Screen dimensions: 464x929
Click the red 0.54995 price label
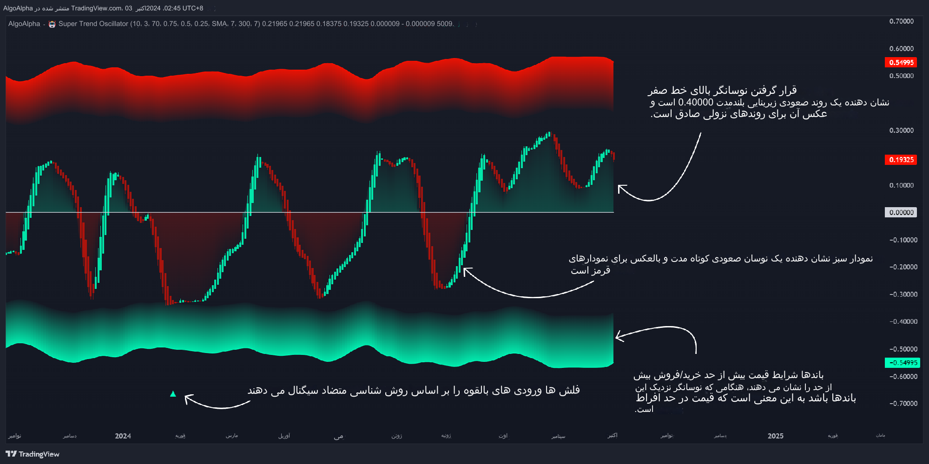(901, 62)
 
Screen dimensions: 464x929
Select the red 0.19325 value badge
(901, 160)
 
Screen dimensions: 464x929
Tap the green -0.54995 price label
(903, 363)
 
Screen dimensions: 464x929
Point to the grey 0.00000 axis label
(901, 213)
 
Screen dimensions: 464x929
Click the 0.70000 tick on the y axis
(901, 21)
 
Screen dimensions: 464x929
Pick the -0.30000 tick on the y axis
(903, 294)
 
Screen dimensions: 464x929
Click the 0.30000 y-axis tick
(901, 131)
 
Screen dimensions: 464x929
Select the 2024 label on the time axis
(123, 436)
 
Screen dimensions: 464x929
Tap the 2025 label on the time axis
(775, 436)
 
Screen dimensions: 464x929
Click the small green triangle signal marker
(173, 394)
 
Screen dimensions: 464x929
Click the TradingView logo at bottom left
(33, 454)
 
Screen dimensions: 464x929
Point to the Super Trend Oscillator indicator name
(93, 24)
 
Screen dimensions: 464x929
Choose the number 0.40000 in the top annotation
(695, 102)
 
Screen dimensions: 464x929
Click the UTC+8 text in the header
(193, 8)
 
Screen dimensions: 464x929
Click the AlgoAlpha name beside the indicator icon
(24, 24)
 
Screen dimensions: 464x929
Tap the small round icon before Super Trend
(52, 24)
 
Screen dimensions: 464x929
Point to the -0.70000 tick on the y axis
(903, 404)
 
